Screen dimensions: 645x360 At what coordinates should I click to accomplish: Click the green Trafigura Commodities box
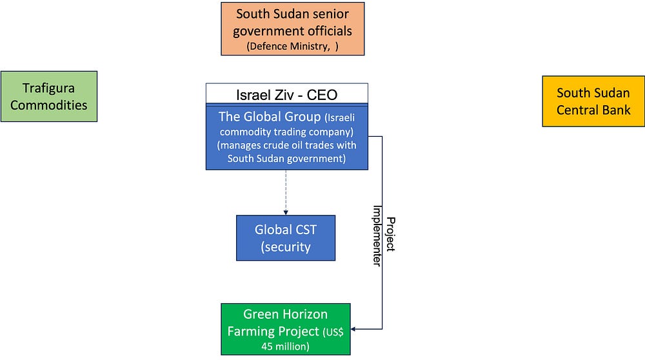tap(49, 96)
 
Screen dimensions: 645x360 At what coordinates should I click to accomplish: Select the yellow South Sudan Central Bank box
tap(593, 101)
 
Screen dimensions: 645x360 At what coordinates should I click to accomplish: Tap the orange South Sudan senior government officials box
tap(292, 29)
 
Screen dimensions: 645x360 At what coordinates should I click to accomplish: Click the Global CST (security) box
tap(286, 238)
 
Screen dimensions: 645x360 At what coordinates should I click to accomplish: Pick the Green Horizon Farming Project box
tap(286, 329)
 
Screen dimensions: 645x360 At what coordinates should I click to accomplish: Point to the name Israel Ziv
tap(265, 95)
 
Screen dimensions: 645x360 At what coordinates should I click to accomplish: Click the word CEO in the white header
tap(322, 95)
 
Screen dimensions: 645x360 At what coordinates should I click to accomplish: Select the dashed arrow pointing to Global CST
tap(286, 192)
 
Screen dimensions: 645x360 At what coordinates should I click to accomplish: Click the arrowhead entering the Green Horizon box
tap(353, 329)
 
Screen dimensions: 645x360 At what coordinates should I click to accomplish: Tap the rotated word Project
tap(391, 234)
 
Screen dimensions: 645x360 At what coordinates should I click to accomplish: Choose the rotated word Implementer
tap(377, 235)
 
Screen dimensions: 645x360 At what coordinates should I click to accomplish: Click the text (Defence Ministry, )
tap(292, 46)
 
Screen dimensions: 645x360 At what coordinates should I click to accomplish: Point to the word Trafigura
tap(48, 88)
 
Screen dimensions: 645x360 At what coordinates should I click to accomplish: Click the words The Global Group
tap(270, 116)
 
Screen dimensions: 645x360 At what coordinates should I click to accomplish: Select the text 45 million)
tap(286, 346)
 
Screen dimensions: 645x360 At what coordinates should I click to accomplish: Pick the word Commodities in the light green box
tap(48, 105)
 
